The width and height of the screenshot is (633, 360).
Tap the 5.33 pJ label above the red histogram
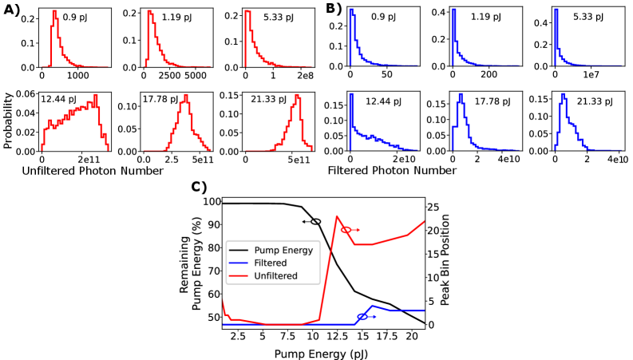coord(279,17)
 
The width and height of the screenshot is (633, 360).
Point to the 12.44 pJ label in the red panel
coord(58,100)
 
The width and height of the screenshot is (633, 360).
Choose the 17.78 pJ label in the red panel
coord(160,100)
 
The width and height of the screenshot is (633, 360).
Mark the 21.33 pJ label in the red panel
coord(268,100)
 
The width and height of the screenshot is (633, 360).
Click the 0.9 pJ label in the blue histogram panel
coord(384,17)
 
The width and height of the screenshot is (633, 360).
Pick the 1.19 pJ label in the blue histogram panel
coord(485,17)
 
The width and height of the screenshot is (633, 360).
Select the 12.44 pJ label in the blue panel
coord(383,101)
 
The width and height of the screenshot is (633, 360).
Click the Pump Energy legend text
coord(283,250)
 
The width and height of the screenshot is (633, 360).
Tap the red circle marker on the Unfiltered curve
coord(346,230)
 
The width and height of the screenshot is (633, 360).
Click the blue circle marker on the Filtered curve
coord(362,317)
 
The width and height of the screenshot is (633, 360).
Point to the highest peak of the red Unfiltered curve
coord(337,216)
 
